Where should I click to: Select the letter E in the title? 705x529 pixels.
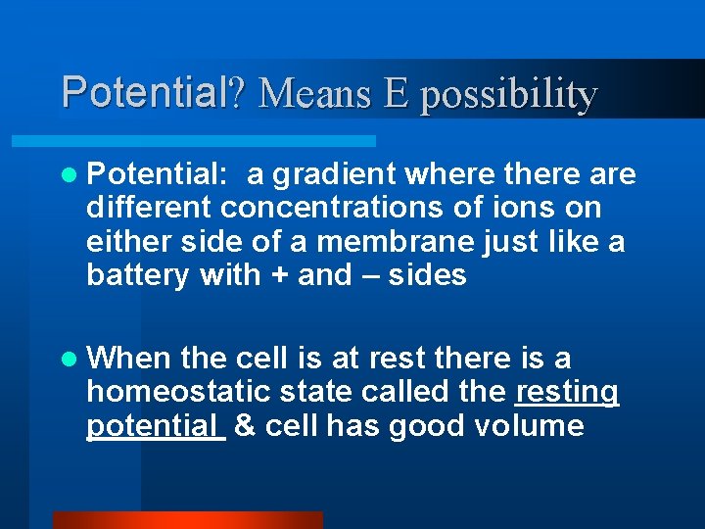click(397, 94)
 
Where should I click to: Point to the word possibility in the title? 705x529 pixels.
click(508, 96)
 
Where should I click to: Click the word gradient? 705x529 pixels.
click(334, 175)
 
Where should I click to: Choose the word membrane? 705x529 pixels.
click(374, 242)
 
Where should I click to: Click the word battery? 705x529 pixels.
click(138, 276)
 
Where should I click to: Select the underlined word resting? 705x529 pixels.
click(567, 393)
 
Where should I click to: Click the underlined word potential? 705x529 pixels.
click(156, 427)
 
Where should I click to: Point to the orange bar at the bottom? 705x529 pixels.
click(187, 520)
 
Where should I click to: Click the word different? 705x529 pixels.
click(150, 209)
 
